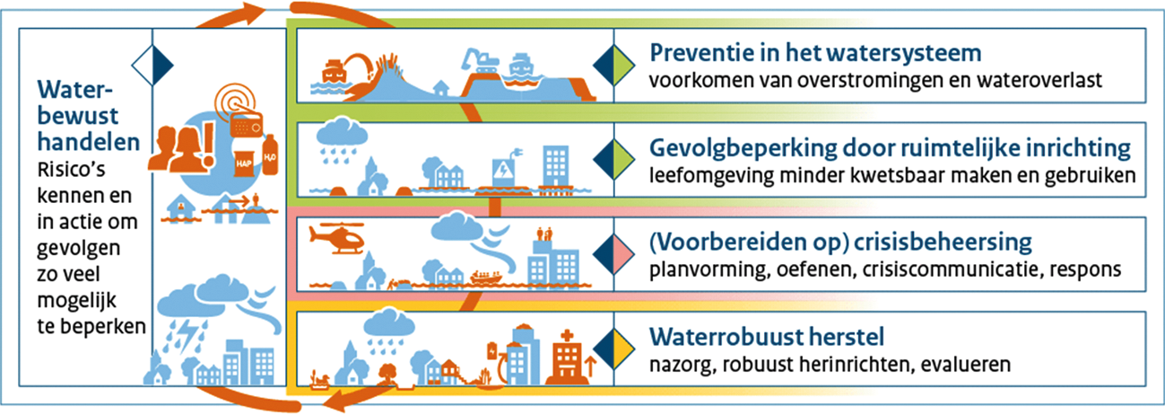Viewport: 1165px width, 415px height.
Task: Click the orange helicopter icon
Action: pyautogui.click(x=337, y=238)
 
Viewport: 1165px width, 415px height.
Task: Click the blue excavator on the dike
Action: pyautogui.click(x=480, y=61)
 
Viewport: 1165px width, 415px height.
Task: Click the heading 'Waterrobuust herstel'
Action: pyautogui.click(x=766, y=337)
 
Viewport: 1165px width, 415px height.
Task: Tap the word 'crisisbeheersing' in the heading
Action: pyautogui.click(x=943, y=243)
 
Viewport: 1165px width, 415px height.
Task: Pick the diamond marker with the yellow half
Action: pyautogui.click(x=613, y=349)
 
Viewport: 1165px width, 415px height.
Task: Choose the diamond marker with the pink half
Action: pyautogui.click(x=613, y=254)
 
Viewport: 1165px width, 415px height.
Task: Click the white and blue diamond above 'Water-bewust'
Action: pyautogui.click(x=152, y=65)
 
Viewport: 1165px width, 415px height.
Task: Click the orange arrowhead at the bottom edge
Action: pyautogui.click(x=335, y=400)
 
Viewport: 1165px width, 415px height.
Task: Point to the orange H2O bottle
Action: pyautogui.click(x=270, y=155)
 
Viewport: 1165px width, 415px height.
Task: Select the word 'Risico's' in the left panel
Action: pyautogui.click(x=71, y=170)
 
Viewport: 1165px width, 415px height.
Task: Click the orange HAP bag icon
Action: pyautogui.click(x=243, y=163)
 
